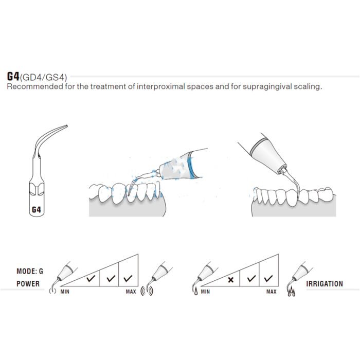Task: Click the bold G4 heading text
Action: click(13, 77)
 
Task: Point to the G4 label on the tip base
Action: click(37, 210)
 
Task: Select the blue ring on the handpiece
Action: click(190, 165)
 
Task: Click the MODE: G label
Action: click(30, 271)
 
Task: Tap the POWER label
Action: click(28, 284)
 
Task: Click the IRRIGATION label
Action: click(325, 284)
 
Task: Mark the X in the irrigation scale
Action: click(230, 280)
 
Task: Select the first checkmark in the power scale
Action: click(91, 279)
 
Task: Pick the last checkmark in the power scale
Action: click(128, 278)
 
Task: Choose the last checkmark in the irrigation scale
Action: click(268, 278)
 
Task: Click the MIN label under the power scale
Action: click(65, 292)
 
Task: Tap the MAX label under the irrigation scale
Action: click(272, 292)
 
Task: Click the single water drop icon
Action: click(196, 292)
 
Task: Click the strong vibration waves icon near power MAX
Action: click(147, 291)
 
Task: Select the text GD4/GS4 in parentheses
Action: click(43, 77)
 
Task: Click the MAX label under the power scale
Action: click(131, 292)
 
